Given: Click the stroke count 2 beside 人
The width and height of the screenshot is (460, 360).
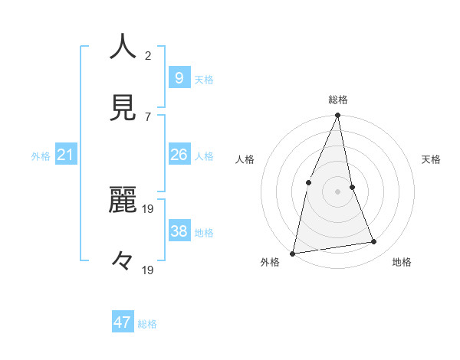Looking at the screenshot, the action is pos(149,55).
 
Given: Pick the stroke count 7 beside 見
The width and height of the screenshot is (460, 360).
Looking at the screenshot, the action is pos(148,116).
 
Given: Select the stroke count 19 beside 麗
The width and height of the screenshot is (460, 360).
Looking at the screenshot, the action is pos(149,208).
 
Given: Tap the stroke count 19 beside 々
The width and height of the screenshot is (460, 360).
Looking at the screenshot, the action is pos(149,270).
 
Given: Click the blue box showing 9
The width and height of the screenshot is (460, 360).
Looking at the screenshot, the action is pos(179,77).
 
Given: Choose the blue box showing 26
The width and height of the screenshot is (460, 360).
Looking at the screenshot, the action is pos(179,155).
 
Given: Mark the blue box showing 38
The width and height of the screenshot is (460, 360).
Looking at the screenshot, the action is pos(179,231).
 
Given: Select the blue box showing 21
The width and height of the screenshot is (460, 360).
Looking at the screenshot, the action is pos(66,155).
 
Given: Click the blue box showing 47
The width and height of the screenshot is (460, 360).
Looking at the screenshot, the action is pos(123,322).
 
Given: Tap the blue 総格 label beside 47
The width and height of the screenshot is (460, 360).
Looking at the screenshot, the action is pos(147,324).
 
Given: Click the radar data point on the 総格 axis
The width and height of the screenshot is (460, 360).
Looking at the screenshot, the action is pos(337,116).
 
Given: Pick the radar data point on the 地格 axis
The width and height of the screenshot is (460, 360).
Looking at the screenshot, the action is pos(374,242).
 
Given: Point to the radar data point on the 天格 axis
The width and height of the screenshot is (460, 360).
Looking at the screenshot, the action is pos(352,187).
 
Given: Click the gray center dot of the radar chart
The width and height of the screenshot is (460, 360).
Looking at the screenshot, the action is pos(337,191).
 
